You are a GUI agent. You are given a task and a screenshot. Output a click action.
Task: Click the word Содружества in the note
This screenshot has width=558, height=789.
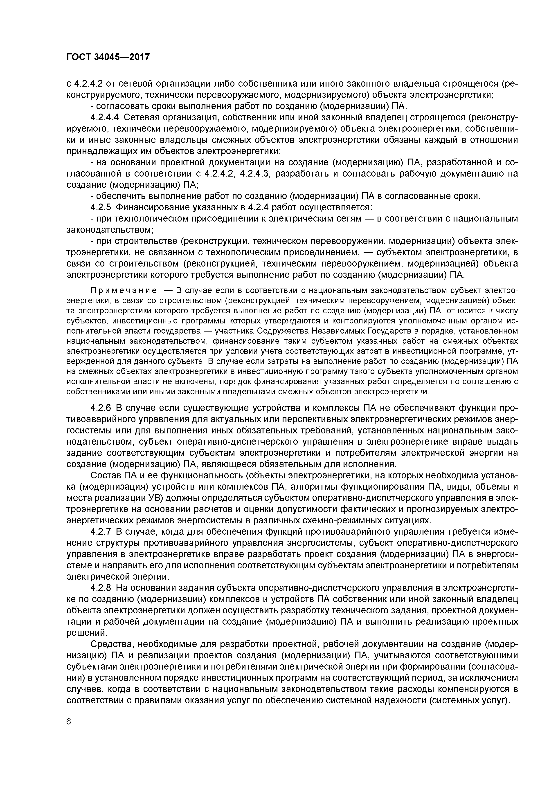pyautogui.click(x=277, y=331)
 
